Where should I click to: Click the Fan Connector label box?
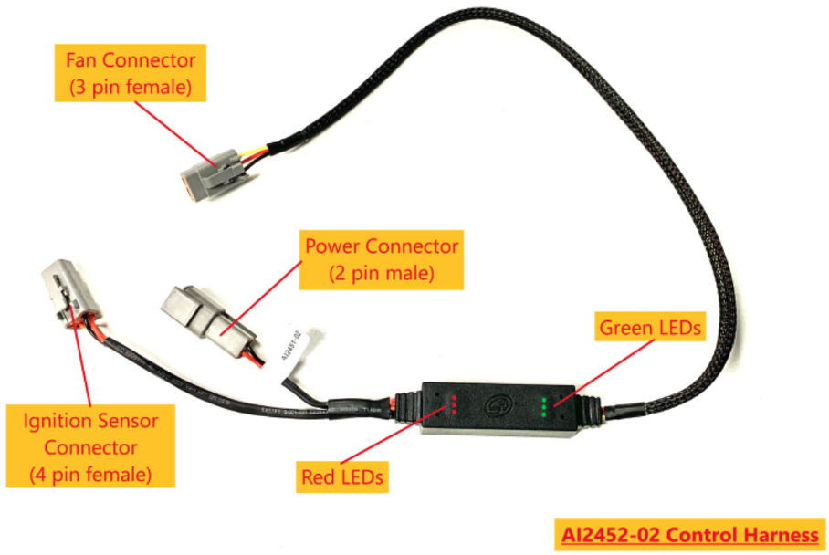coord(131,74)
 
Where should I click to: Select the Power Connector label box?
coord(382,258)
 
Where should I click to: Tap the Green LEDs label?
coord(649,326)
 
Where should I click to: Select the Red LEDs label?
coord(342,476)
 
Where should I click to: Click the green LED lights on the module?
coord(546,406)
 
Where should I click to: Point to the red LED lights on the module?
coord(453,404)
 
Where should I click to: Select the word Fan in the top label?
coord(82,61)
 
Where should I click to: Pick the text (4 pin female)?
coord(89,475)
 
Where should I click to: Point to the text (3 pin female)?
coord(131,88)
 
